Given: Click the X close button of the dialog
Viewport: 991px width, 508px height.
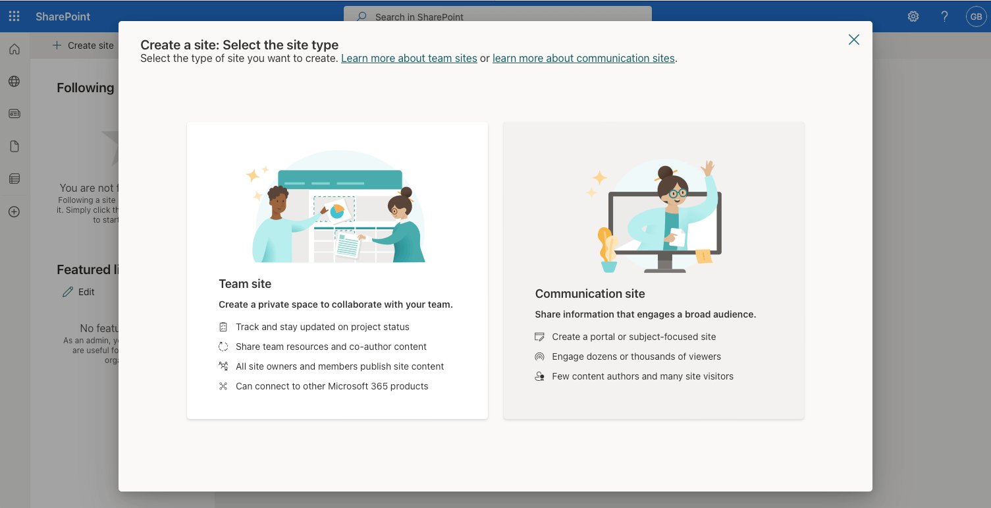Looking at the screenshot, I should (x=853, y=40).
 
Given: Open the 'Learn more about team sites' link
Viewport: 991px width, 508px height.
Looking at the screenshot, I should (x=409, y=59).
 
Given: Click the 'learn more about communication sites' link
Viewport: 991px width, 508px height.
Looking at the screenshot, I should (x=583, y=59).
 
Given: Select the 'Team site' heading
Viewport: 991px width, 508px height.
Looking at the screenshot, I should (x=245, y=284).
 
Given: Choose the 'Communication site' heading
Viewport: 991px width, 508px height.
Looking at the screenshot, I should (x=589, y=294).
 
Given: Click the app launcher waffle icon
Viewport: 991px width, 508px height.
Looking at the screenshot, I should (x=14, y=16).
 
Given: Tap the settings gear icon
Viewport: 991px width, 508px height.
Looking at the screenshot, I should (x=913, y=16).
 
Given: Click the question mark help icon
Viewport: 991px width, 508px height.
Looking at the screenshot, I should (x=944, y=16).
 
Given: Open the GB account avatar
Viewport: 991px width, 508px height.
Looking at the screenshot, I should (x=975, y=16).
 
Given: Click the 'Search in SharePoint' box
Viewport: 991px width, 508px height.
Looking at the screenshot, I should (x=497, y=17).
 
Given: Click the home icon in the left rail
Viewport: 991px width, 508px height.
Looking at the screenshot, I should (x=14, y=49).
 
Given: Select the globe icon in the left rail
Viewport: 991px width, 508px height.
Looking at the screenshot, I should (x=14, y=82).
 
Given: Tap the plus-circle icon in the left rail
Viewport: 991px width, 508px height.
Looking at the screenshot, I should (x=14, y=212).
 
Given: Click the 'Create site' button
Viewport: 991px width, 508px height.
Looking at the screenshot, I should (x=84, y=45).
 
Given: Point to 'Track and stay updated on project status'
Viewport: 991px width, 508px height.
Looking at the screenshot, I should (x=322, y=327).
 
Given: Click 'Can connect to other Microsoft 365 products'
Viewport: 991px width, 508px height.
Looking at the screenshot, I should (x=332, y=387).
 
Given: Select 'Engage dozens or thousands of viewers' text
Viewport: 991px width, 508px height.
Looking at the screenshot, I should (x=636, y=357).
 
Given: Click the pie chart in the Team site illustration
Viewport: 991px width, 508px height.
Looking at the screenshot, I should (x=337, y=211).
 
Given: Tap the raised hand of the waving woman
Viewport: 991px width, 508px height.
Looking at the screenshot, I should (x=708, y=167).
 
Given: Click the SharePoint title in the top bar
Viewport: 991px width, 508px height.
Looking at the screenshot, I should (x=63, y=16).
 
